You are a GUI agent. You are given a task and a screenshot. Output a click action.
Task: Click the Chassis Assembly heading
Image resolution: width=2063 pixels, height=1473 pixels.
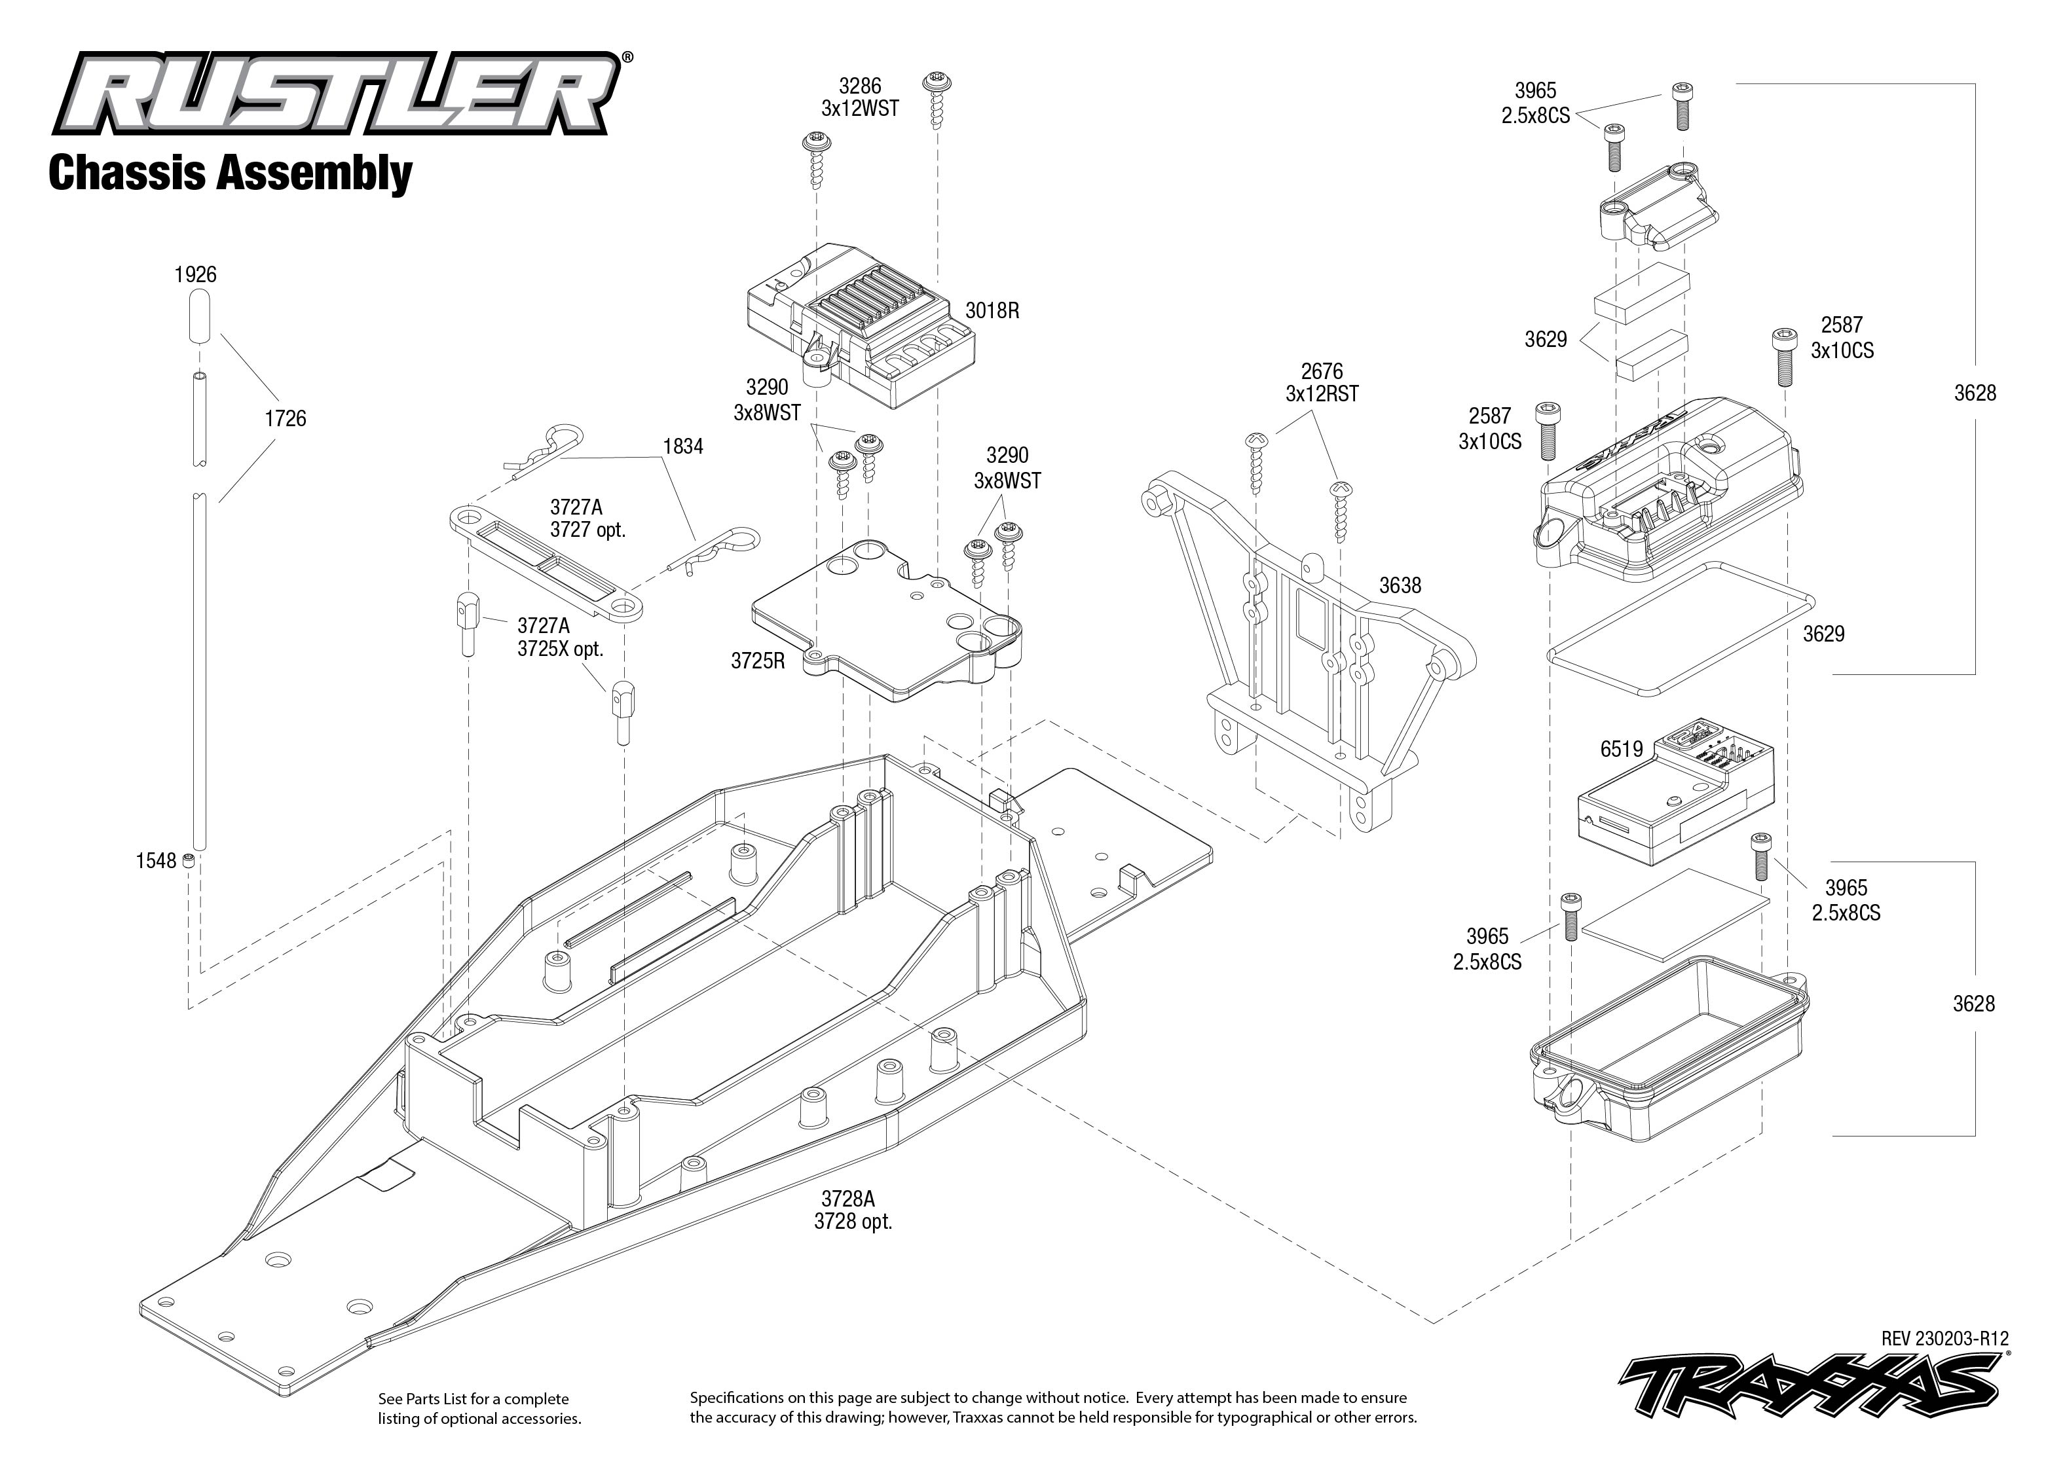(231, 173)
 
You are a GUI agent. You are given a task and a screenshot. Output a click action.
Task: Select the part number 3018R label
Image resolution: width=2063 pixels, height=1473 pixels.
(992, 311)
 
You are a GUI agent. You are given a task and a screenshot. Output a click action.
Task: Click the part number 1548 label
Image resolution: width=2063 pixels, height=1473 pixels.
(155, 861)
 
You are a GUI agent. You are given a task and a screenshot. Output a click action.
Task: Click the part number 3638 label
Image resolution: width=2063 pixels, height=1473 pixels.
(1400, 586)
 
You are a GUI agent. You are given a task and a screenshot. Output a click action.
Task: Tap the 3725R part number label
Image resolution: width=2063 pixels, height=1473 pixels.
(758, 661)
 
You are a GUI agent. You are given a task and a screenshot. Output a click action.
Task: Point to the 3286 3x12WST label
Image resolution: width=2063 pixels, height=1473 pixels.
(859, 97)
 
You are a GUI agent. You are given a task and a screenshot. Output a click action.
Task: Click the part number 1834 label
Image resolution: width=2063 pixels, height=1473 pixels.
(682, 446)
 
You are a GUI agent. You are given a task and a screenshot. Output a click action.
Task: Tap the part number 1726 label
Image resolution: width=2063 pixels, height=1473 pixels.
(285, 419)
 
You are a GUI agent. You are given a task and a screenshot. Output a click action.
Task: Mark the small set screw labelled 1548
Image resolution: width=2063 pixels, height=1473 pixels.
(189, 860)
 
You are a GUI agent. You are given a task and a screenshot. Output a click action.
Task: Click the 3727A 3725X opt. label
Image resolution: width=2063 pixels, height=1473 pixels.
(560, 638)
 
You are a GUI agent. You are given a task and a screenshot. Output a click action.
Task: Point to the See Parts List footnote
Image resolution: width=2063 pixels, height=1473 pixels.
(479, 1409)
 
